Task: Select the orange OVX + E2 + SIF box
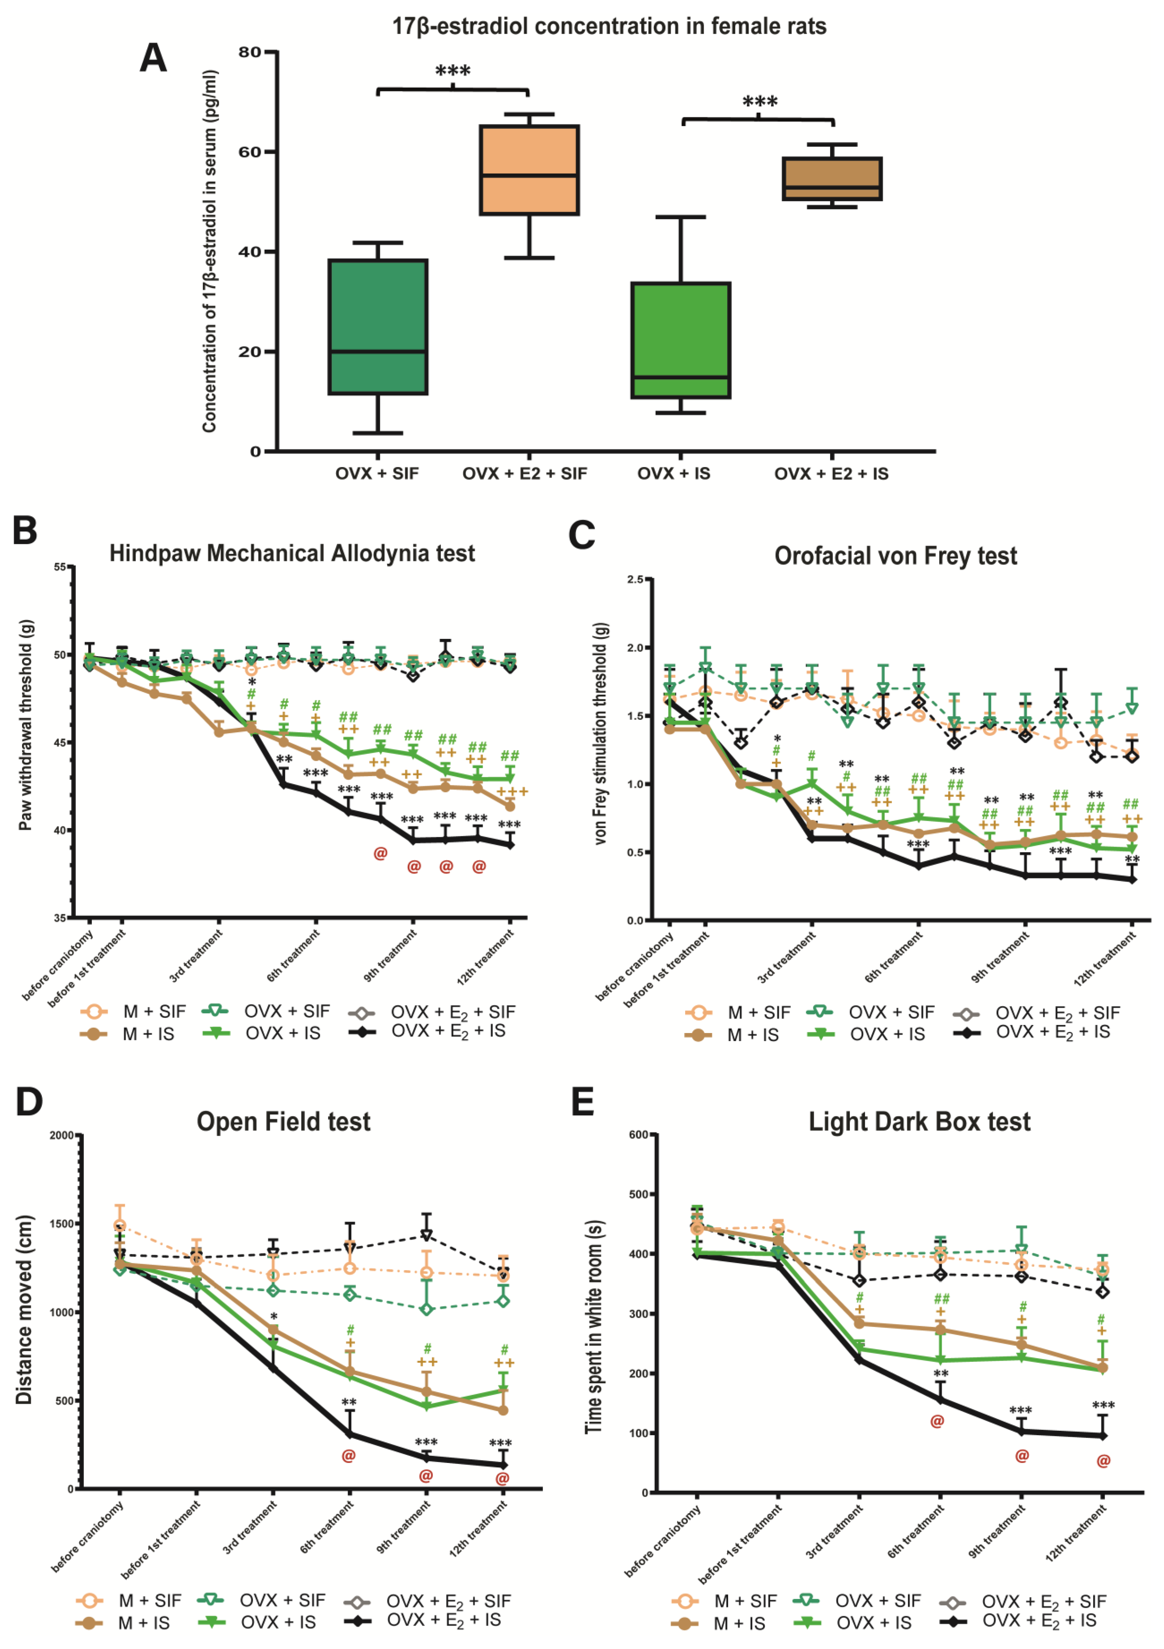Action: click(x=529, y=170)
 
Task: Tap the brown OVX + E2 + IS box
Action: click(x=832, y=179)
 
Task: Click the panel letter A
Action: click(x=153, y=58)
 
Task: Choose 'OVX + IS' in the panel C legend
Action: click(x=888, y=1034)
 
